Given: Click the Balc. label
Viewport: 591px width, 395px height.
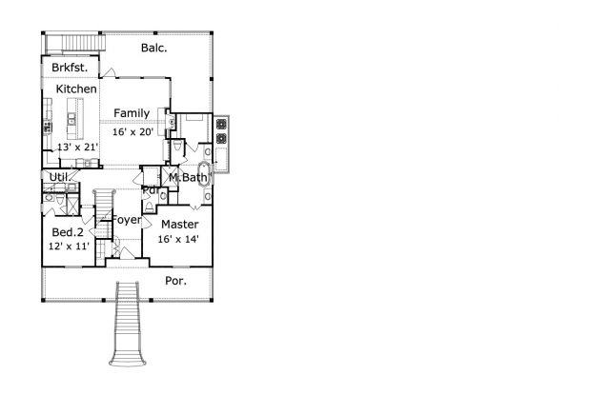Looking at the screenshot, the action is [153, 48].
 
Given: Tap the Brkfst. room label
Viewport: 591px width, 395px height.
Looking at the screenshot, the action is [70, 68].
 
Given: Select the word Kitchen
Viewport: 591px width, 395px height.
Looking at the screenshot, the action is [76, 89].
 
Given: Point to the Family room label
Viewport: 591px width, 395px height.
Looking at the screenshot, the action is [132, 113].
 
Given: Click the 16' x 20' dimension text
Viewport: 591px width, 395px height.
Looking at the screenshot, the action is [132, 131].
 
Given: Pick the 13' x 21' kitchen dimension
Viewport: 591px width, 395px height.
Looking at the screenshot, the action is [77, 147].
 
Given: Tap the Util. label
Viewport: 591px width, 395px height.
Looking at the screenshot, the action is [59, 177].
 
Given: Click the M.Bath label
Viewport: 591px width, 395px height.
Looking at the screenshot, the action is [188, 178].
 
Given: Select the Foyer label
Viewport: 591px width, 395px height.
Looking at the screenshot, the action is [127, 220].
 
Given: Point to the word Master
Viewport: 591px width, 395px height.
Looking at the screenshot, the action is [180, 225].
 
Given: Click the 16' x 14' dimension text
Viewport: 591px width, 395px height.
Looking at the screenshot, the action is [178, 239].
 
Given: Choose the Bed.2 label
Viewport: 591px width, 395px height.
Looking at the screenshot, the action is [68, 232].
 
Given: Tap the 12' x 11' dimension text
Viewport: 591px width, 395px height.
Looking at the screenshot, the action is [69, 246].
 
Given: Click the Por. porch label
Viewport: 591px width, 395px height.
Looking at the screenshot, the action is [175, 281].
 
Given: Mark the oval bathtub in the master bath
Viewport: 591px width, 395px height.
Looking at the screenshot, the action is [204, 174].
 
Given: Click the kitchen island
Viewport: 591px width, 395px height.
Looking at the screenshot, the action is [75, 119].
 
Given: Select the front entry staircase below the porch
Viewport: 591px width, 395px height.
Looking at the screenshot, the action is [128, 324].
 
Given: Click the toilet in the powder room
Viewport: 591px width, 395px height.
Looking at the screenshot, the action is [150, 207].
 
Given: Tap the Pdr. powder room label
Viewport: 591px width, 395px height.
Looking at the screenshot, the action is [151, 190].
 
